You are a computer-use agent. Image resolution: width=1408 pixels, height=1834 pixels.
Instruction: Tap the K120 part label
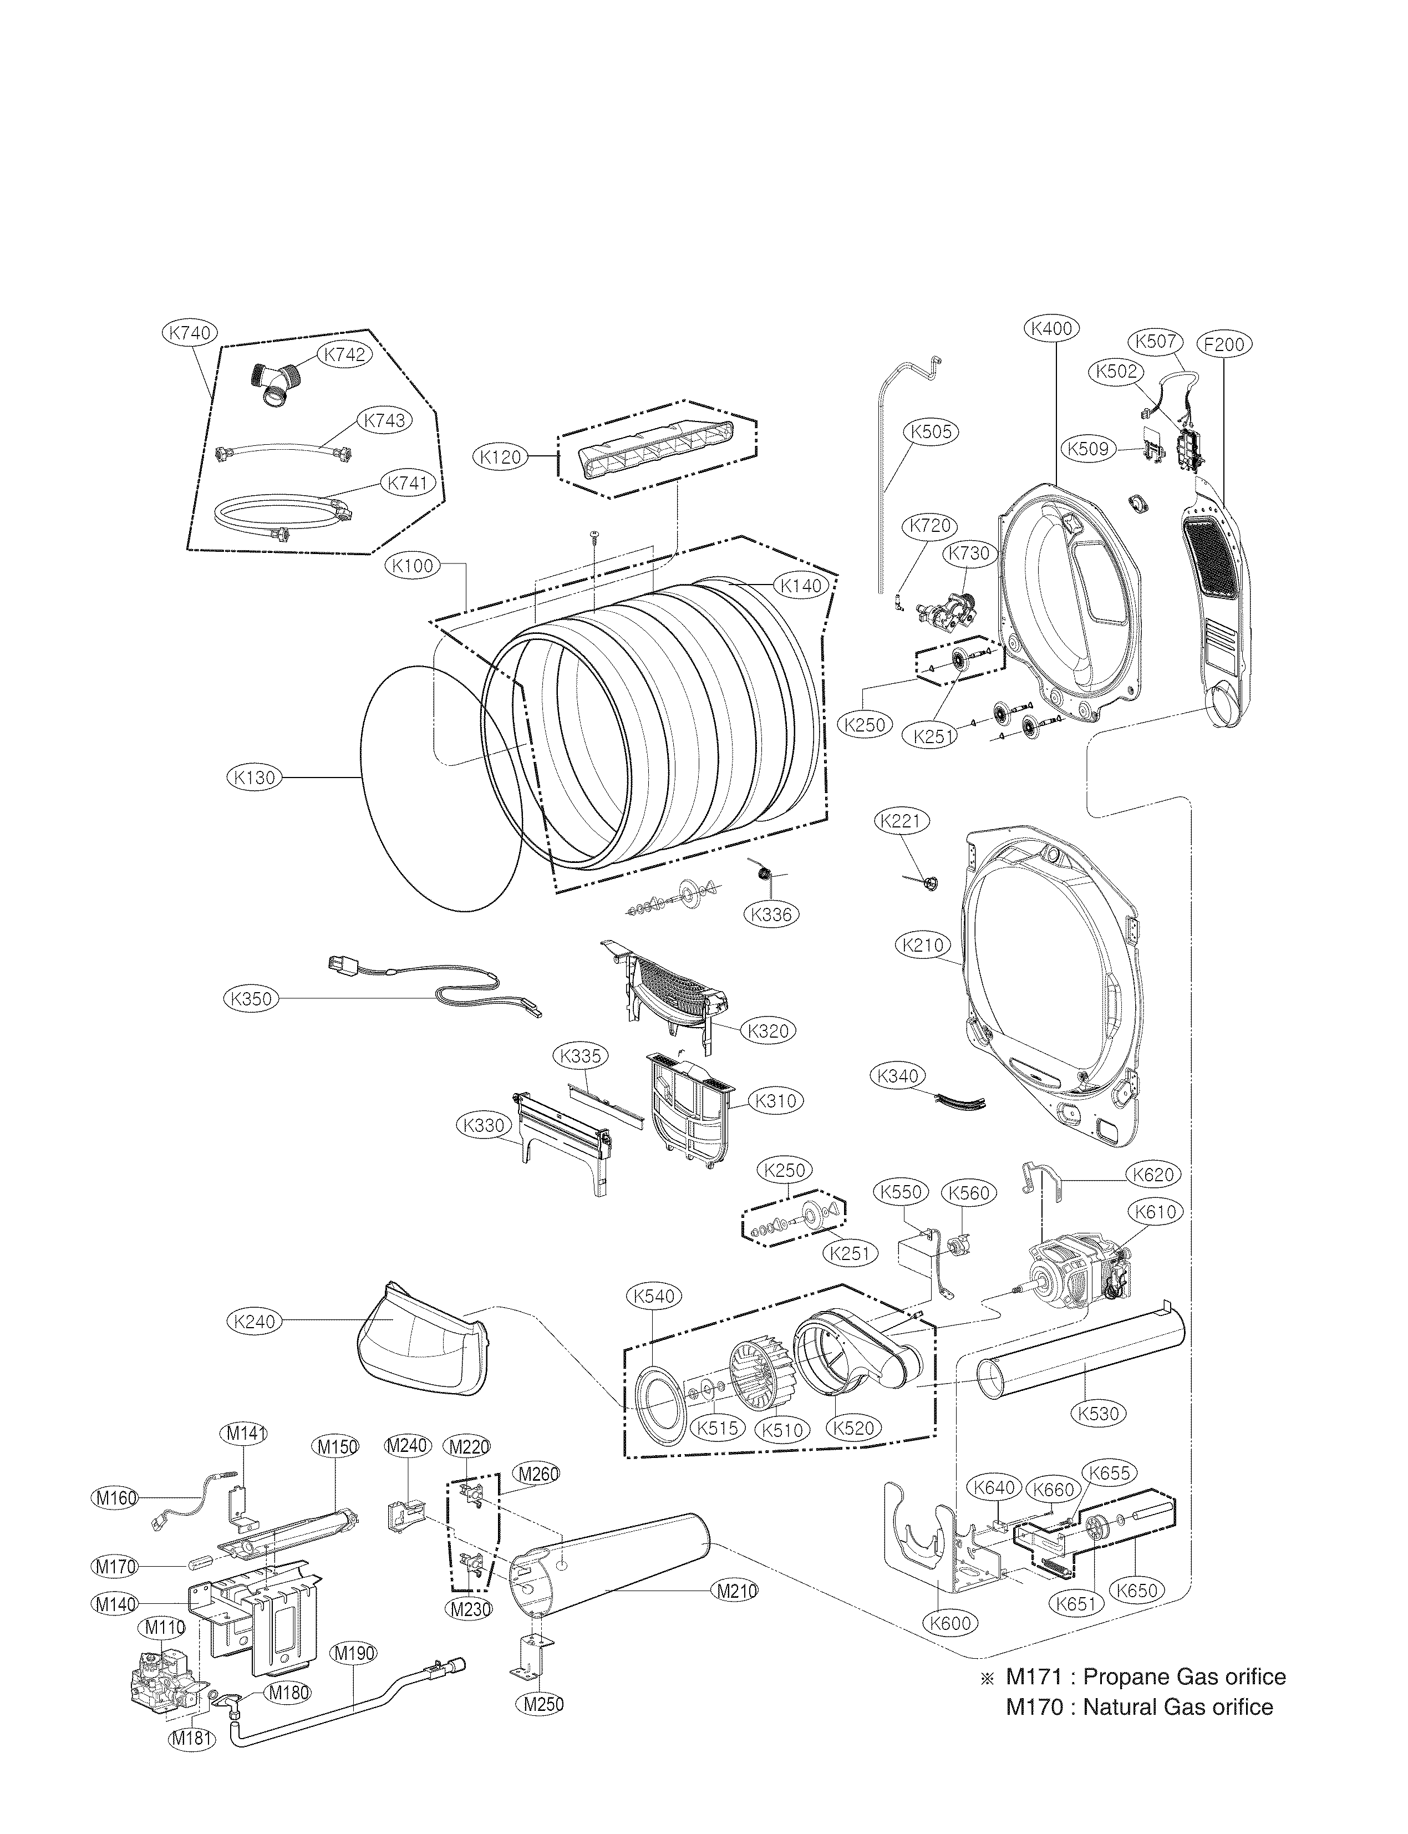501,457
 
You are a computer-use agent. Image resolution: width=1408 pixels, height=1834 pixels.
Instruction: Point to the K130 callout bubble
253,778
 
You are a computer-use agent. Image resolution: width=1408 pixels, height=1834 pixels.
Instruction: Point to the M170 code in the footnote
1033,1708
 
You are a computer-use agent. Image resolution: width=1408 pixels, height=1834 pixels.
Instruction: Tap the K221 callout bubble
902,821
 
